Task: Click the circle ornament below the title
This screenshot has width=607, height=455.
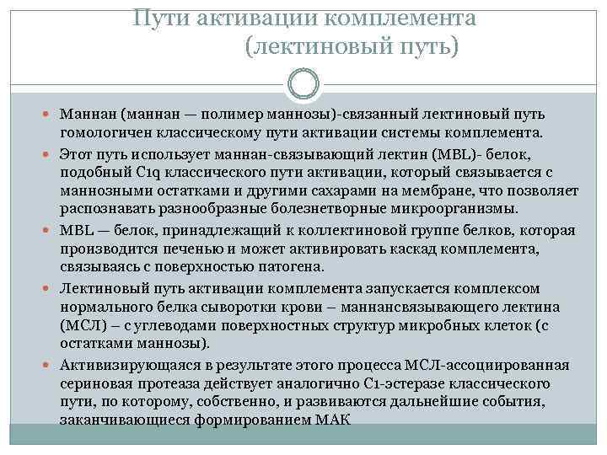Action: tap(303, 84)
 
